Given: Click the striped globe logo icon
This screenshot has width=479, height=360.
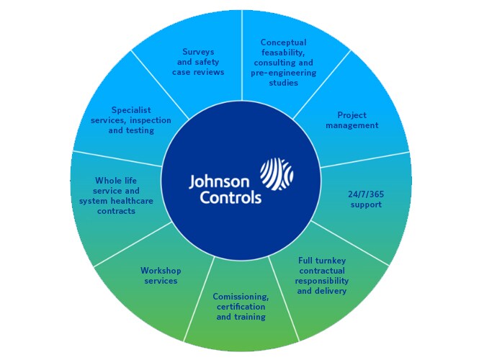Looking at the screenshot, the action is click(x=277, y=174).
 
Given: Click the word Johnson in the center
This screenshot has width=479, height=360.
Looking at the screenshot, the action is click(x=219, y=183).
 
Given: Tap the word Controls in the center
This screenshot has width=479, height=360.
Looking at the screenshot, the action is click(x=230, y=197).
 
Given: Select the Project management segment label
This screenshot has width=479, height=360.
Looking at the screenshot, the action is click(x=352, y=120).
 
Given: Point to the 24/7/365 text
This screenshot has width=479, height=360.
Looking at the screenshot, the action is click(x=366, y=194).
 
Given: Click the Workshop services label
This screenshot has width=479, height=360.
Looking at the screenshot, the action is click(x=161, y=276).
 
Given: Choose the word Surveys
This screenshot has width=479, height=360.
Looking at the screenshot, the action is click(x=198, y=53).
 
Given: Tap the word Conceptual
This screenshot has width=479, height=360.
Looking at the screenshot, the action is click(x=284, y=42).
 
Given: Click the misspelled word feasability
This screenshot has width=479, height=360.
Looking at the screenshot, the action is click(x=283, y=53).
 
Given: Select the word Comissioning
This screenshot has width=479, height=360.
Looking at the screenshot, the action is click(x=241, y=297).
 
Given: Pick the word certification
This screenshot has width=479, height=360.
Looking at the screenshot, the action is click(x=241, y=307).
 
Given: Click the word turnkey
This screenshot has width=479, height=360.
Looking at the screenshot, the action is click(x=331, y=261).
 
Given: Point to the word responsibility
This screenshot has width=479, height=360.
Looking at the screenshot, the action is click(x=322, y=281).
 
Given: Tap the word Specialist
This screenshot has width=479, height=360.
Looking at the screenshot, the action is click(x=131, y=110).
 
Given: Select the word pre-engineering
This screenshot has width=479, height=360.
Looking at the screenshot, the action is click(x=284, y=73).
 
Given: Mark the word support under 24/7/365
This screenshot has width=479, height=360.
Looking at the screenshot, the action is click(x=366, y=204).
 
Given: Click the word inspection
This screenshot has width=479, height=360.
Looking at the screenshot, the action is click(x=151, y=120).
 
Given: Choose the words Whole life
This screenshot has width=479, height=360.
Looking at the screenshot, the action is click(x=116, y=181).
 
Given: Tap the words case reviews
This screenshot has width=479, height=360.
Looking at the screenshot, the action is click(x=198, y=73).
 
